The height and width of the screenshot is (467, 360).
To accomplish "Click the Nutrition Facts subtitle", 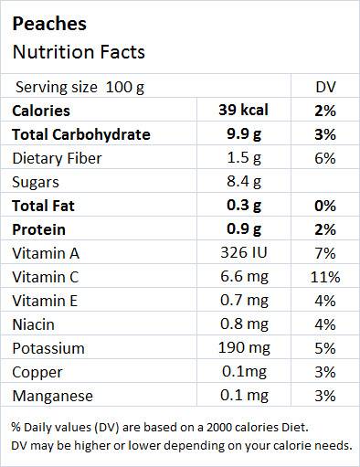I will click(x=78, y=52).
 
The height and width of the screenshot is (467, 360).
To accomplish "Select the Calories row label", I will click(x=40, y=111).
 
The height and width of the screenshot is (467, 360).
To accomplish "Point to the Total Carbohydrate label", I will click(x=80, y=134).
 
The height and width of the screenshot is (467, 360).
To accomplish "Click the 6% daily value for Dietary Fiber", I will click(x=324, y=158).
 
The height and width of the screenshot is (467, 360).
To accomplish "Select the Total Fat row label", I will click(x=42, y=206).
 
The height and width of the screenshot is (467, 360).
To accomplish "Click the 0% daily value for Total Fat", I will click(x=324, y=206).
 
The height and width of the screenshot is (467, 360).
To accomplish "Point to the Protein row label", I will click(x=38, y=229).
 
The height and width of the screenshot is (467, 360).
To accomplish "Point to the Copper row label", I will click(x=37, y=372).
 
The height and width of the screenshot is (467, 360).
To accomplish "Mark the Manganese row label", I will click(x=51, y=396).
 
